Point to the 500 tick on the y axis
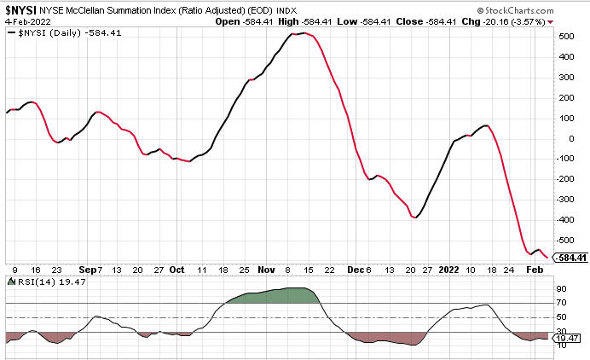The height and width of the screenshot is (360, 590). pos(566,37)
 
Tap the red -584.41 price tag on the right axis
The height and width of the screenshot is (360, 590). pos(570,257)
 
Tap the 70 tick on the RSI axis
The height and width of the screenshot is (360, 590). pos(563,302)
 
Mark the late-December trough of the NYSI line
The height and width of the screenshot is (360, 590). pos(415,218)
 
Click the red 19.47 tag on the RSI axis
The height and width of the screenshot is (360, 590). pos(569,338)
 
